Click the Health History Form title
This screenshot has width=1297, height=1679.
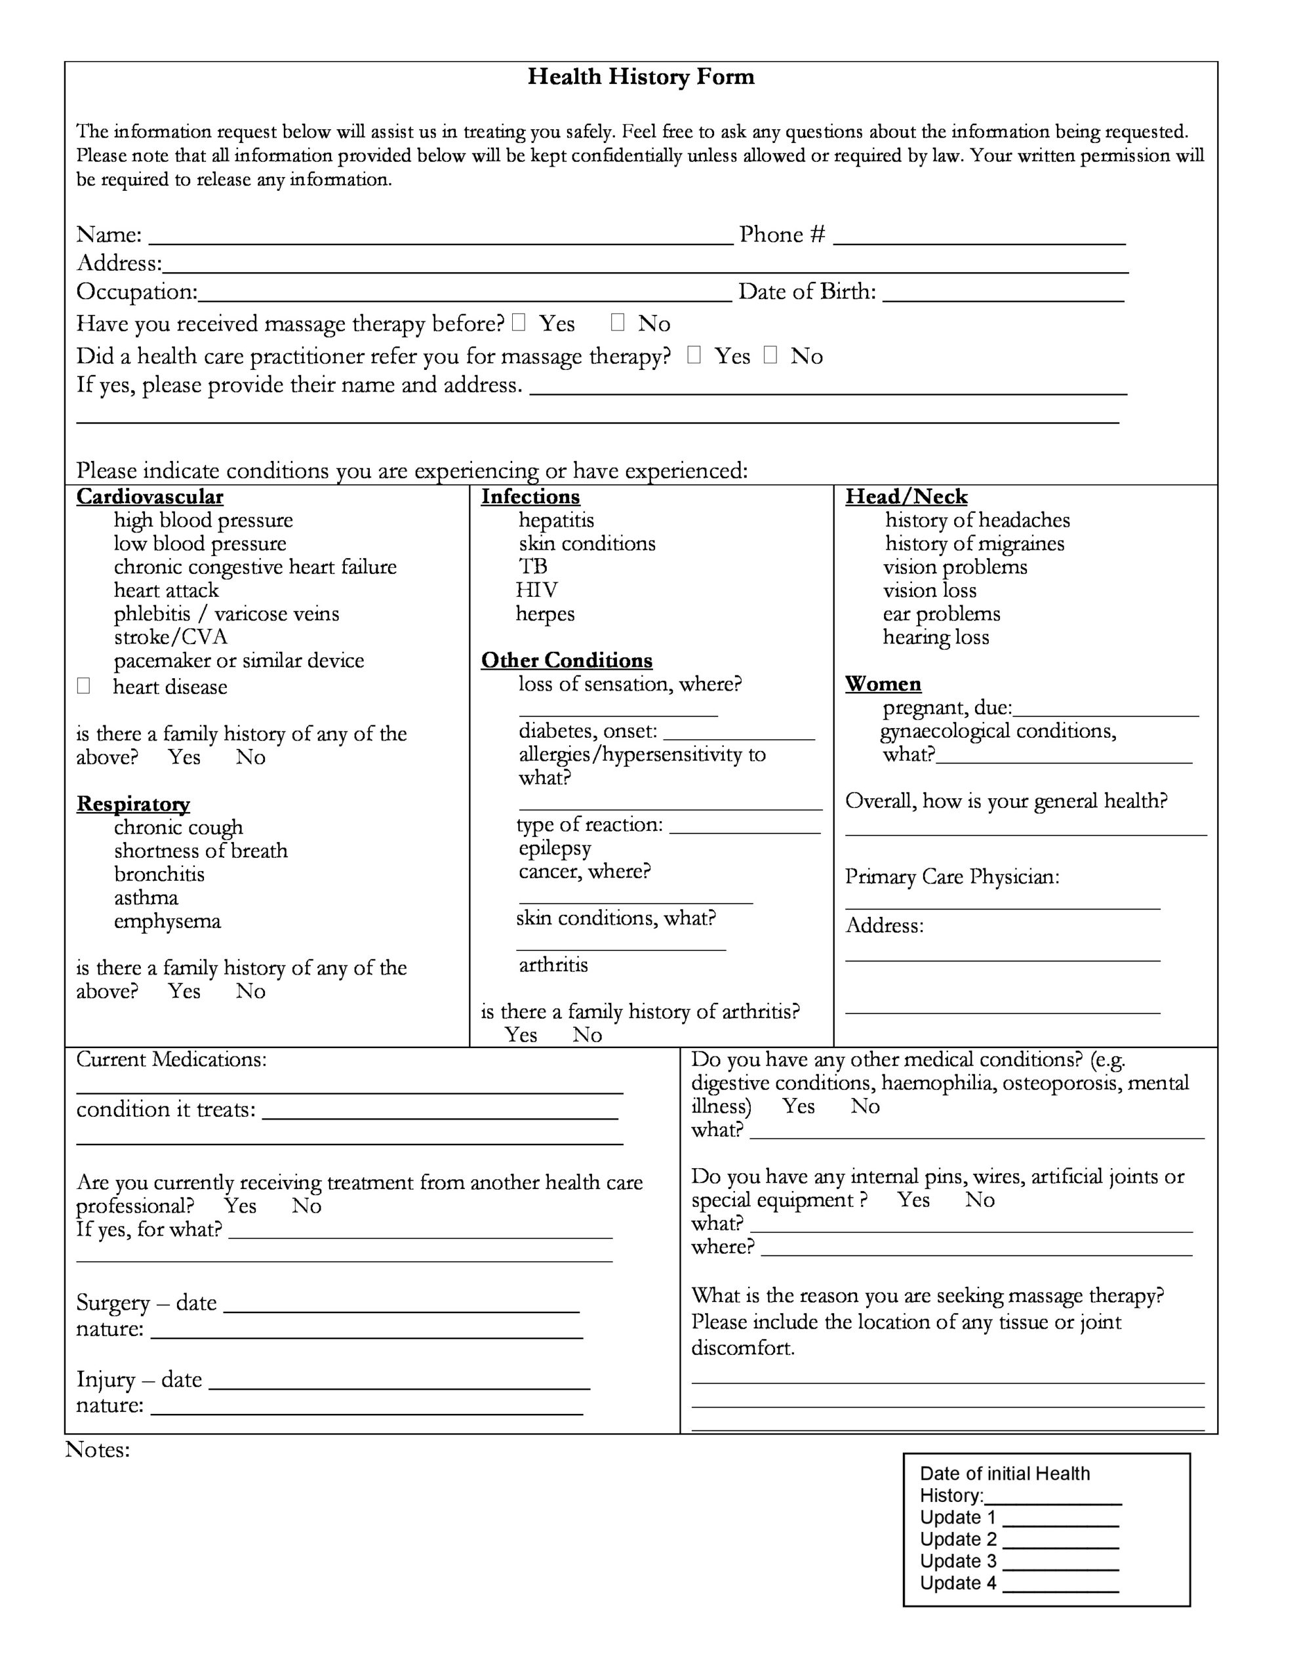tap(641, 77)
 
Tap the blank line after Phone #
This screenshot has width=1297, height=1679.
tap(979, 237)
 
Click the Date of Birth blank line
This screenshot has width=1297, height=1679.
tap(1003, 294)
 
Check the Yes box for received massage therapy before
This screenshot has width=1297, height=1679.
tap(519, 323)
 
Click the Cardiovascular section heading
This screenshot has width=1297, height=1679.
tap(150, 496)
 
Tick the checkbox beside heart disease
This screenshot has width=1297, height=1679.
tap(84, 686)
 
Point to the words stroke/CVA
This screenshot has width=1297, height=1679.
tap(170, 637)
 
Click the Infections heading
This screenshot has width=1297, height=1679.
tap(530, 496)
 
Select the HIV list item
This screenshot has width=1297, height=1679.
tap(536, 590)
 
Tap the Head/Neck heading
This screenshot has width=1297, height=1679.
tap(906, 496)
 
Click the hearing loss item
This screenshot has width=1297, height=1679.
tap(936, 637)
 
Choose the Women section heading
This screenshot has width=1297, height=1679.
tap(883, 683)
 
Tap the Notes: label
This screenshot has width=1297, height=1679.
tap(98, 1450)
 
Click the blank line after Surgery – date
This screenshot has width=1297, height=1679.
tap(401, 1306)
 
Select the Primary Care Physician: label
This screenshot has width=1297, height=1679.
tap(952, 877)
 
